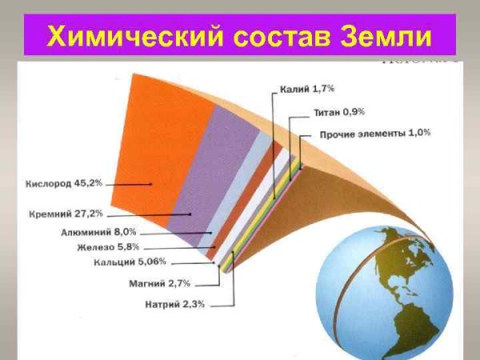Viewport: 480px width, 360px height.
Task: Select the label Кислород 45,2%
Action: (64, 183)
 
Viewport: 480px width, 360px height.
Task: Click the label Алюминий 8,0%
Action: (93, 232)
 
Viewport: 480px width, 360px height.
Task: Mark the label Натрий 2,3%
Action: (175, 304)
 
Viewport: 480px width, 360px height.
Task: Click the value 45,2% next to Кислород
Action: (88, 183)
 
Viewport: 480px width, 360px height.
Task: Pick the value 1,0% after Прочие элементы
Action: (419, 133)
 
